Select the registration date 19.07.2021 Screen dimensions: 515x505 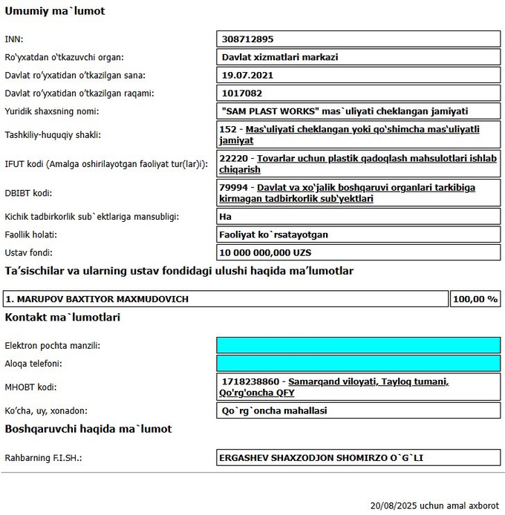pos(246,76)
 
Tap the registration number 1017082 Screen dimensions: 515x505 pos(241,94)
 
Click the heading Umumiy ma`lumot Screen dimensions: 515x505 pos(55,12)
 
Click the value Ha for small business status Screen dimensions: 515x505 pos(227,217)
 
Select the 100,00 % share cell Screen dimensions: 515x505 pos(475,299)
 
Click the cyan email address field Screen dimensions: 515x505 pos(358,346)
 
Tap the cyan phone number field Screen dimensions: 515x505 pos(358,364)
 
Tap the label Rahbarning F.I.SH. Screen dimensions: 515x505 pos(43,458)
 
